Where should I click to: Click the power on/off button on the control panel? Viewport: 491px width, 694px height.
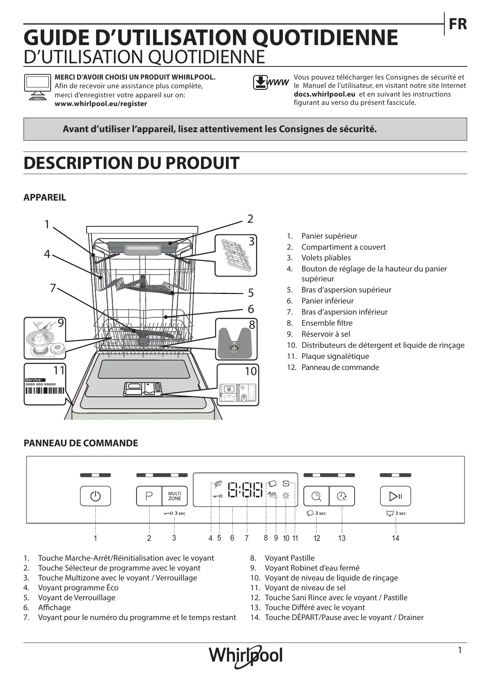coord(95,496)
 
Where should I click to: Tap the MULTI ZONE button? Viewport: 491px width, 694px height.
coord(174,496)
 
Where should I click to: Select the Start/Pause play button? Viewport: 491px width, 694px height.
coord(395,496)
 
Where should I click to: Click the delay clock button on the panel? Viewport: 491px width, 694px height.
coord(342,496)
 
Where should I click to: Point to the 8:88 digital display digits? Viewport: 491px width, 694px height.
coord(246,490)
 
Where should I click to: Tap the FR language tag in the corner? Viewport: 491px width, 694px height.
coord(458,24)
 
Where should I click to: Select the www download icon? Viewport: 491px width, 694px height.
coord(271,82)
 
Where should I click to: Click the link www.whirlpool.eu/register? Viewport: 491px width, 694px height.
coord(100,104)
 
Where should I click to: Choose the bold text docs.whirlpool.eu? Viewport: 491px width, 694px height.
coord(324,94)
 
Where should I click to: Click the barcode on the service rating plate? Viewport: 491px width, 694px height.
coord(45,391)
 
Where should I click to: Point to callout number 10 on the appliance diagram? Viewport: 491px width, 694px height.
coord(251,371)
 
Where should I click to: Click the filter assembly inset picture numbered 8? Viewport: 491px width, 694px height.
coord(236,339)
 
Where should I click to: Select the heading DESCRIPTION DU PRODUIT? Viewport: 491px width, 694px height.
coord(131,163)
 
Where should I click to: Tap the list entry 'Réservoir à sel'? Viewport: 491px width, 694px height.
coord(325,334)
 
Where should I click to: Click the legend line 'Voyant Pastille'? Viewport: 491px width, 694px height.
coord(290,558)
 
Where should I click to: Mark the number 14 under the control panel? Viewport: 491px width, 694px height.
coord(396,538)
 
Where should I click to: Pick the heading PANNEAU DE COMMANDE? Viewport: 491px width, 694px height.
coord(81,443)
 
